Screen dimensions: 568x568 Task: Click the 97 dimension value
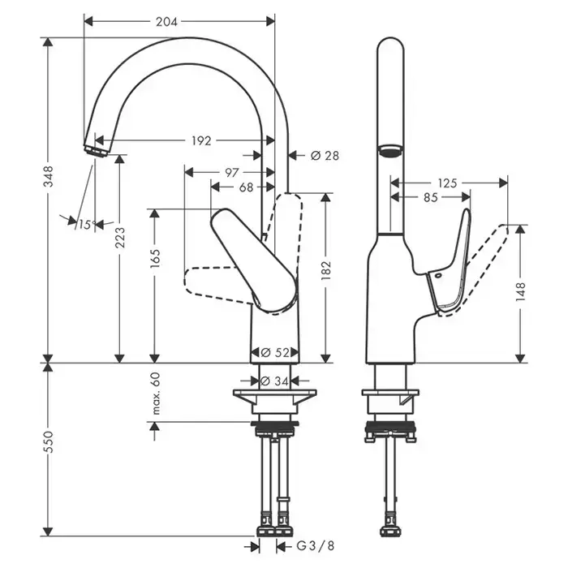pyautogui.click(x=231, y=172)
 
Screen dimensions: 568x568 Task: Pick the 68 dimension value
pyautogui.click(x=245, y=187)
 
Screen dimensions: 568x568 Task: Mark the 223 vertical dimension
pyautogui.click(x=120, y=237)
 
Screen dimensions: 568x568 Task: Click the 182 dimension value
pyautogui.click(x=327, y=271)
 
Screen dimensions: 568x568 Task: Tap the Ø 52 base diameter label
pyautogui.click(x=276, y=352)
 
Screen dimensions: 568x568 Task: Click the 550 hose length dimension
pyautogui.click(x=49, y=441)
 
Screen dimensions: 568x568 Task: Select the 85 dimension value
pyautogui.click(x=430, y=196)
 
